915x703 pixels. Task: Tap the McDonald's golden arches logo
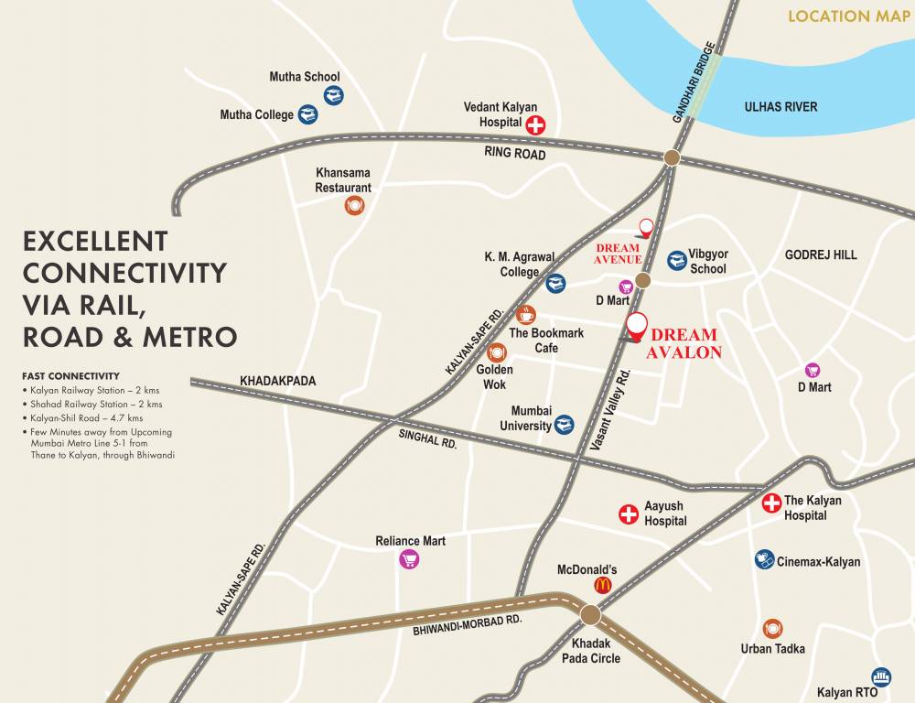coord(602,585)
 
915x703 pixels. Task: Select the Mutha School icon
coord(333,94)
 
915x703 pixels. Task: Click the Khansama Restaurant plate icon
coord(354,206)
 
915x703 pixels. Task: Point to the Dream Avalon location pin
coord(636,326)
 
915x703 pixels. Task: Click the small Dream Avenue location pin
coord(646,227)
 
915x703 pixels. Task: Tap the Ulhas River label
coord(780,107)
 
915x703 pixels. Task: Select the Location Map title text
coord(841,16)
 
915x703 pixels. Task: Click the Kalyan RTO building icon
coord(881,676)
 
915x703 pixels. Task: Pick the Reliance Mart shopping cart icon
coord(409,559)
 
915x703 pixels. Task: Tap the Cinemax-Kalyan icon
coord(765,559)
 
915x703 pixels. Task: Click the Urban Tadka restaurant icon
coord(773,628)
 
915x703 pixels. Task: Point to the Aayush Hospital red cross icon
coord(629,514)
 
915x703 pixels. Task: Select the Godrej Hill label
coord(821,254)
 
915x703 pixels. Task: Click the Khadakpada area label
coord(277,380)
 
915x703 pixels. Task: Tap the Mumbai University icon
coord(565,425)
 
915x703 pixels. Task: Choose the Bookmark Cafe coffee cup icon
coord(525,315)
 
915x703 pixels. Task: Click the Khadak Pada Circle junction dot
coord(590,614)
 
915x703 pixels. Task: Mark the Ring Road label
coord(515,155)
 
